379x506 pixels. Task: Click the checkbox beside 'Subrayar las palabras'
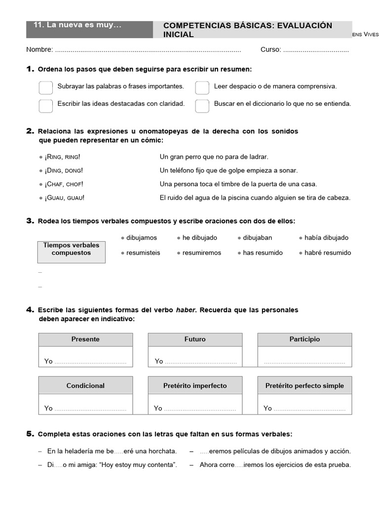pyautogui.click(x=45, y=87)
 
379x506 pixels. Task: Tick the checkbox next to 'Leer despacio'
pyautogui.click(x=202, y=87)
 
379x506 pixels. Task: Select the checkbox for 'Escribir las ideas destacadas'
pyautogui.click(x=45, y=105)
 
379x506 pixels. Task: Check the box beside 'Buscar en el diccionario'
pyautogui.click(x=202, y=105)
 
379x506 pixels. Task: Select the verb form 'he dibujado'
pyautogui.click(x=199, y=238)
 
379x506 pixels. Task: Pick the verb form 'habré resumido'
pyautogui.click(x=327, y=253)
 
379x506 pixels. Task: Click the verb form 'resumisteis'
pyautogui.click(x=143, y=253)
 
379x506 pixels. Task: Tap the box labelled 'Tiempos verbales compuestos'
pyautogui.click(x=71, y=249)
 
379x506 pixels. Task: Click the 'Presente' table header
pyautogui.click(x=85, y=339)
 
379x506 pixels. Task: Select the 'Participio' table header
pyautogui.click(x=304, y=339)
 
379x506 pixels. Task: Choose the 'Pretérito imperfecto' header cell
pyautogui.click(x=195, y=385)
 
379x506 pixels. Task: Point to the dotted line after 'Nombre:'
pyautogui.click(x=148, y=50)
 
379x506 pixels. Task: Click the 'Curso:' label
pyautogui.click(x=271, y=49)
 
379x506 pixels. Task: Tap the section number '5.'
pyautogui.click(x=30, y=434)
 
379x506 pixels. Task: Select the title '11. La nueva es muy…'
pyautogui.click(x=77, y=25)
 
